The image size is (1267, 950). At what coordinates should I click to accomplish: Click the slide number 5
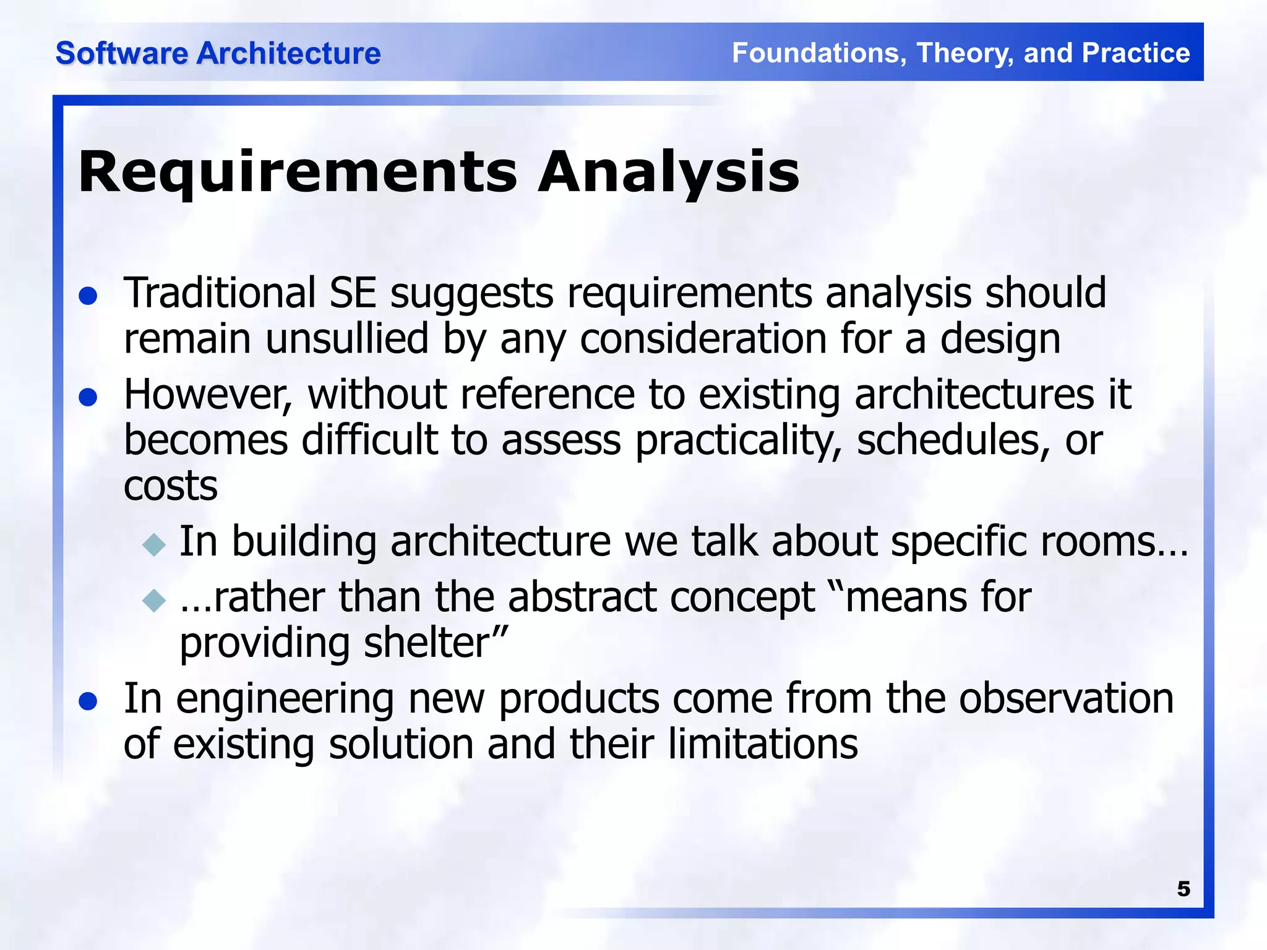pyautogui.click(x=1183, y=889)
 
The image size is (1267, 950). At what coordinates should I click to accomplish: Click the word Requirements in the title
pyautogui.click(x=297, y=173)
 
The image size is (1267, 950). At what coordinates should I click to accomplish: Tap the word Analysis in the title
pyautogui.click(x=668, y=173)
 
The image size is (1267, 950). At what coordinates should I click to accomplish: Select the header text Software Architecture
pyautogui.click(x=218, y=53)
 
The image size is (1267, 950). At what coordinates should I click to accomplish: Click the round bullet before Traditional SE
pyautogui.click(x=88, y=296)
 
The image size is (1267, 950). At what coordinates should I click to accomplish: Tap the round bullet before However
pyautogui.click(x=88, y=397)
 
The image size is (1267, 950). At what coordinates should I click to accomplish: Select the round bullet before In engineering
pyautogui.click(x=88, y=701)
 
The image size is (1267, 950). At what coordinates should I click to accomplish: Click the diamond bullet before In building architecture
pyautogui.click(x=154, y=545)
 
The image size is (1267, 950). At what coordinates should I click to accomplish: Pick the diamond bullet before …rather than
pyautogui.click(x=154, y=600)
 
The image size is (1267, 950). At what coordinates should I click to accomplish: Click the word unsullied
pyautogui.click(x=347, y=339)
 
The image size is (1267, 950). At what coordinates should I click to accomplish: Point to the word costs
pyautogui.click(x=171, y=486)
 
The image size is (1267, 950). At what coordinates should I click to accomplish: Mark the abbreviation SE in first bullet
pyautogui.click(x=353, y=293)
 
